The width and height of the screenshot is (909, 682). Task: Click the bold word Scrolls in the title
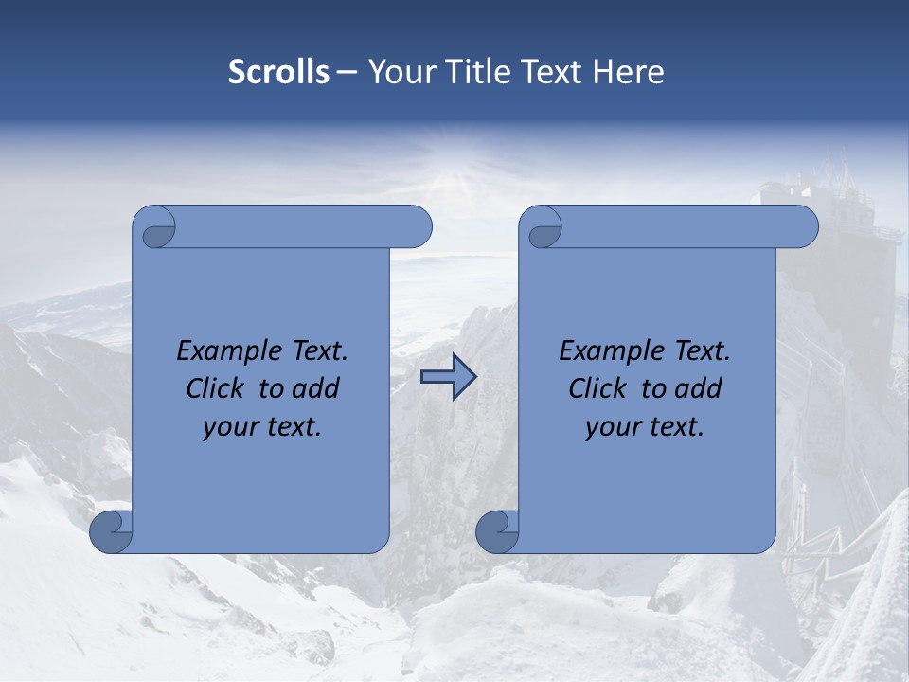(x=278, y=72)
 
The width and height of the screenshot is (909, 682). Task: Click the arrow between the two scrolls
(x=448, y=377)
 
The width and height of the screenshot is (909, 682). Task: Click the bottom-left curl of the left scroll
(x=111, y=532)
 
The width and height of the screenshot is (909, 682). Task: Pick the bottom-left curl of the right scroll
(x=497, y=532)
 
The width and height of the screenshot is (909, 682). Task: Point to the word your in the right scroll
(x=611, y=427)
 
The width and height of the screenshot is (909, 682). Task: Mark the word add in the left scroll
(x=316, y=388)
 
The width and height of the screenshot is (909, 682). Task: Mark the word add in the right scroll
(x=699, y=388)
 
